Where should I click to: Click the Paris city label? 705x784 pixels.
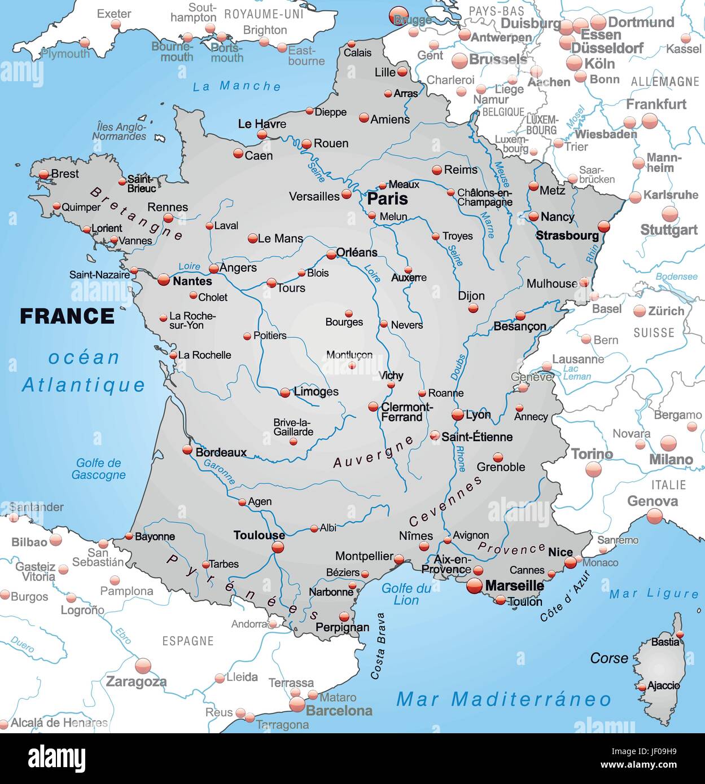pos(387,199)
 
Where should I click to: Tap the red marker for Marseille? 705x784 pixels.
pos(475,586)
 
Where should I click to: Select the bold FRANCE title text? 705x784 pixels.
pos(67,316)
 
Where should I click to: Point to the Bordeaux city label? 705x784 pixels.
pos(221,452)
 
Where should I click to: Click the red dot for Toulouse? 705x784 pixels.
pos(278,547)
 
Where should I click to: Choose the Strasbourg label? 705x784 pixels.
pos(567,235)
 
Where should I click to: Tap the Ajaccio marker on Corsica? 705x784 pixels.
pos(642,688)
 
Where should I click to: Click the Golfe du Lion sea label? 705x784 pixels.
pos(406,594)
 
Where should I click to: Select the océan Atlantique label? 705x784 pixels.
pos(84,371)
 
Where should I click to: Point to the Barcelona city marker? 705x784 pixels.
pos(297,704)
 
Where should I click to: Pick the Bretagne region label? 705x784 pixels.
pos(136,213)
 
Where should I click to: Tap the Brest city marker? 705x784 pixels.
pos(44,175)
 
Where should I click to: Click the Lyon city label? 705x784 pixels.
pos(478,415)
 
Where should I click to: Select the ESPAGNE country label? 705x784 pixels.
pos(187,641)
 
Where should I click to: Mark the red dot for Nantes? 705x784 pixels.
pos(164,279)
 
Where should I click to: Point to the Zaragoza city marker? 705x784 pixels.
pos(143,666)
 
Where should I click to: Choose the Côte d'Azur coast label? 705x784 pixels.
pos(565,596)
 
